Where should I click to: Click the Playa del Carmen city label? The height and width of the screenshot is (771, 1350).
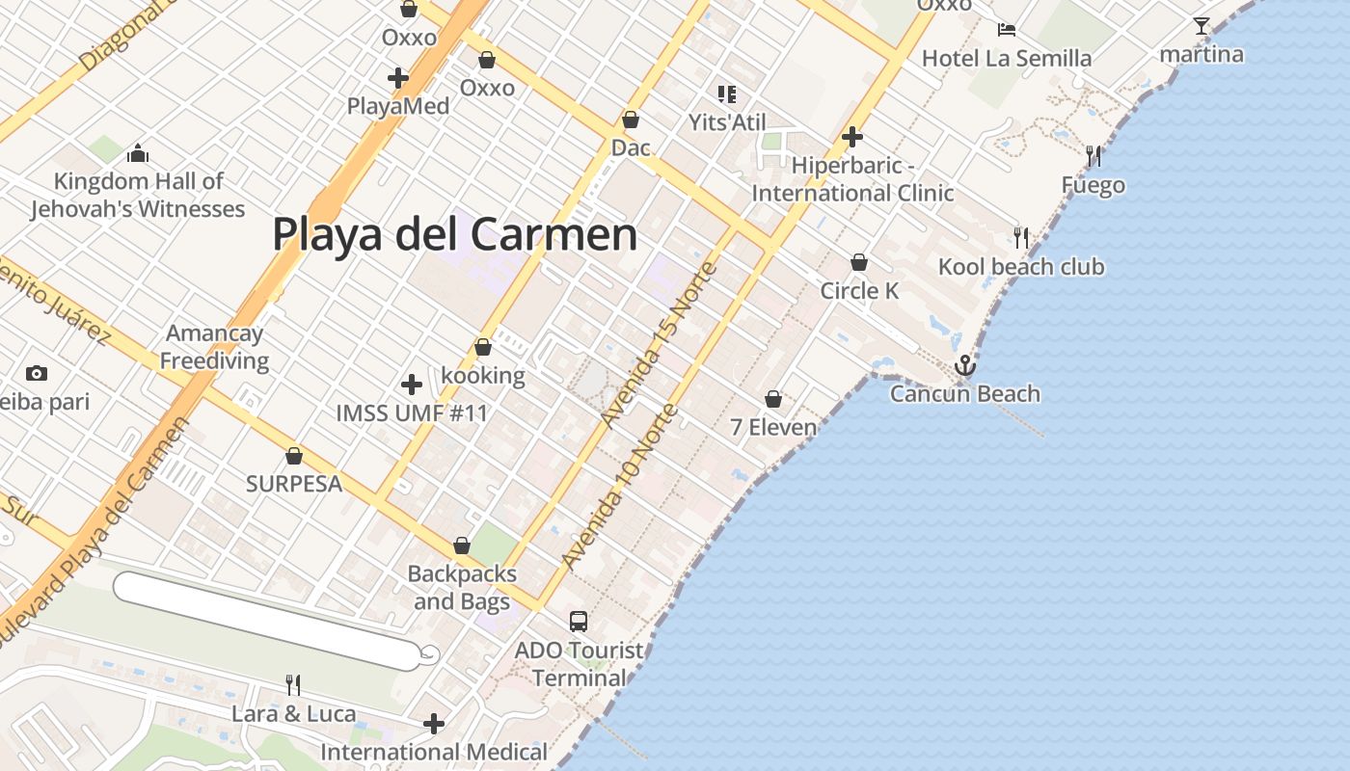pyautogui.click(x=454, y=234)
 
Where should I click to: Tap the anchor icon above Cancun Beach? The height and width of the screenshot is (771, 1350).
pyautogui.click(x=964, y=365)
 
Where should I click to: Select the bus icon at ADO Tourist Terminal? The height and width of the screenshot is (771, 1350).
pyautogui.click(x=579, y=622)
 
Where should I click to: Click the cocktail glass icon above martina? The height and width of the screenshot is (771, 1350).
pyautogui.click(x=1201, y=26)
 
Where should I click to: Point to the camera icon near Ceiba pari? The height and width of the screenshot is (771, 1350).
pyautogui.click(x=37, y=373)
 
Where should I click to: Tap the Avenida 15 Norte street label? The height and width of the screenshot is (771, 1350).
pyautogui.click(x=660, y=344)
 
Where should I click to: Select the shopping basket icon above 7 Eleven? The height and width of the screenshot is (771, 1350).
pyautogui.click(x=773, y=398)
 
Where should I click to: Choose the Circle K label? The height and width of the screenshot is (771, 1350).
pyautogui.click(x=859, y=290)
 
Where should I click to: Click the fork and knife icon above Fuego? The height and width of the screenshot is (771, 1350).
pyautogui.click(x=1093, y=155)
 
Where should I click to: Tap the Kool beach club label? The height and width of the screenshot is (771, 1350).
pyautogui.click(x=1021, y=266)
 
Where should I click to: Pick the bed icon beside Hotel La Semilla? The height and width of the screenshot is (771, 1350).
pyautogui.click(x=1007, y=29)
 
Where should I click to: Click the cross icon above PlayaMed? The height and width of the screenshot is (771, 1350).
pyautogui.click(x=398, y=78)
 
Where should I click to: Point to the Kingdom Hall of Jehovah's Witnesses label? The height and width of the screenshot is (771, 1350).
pyautogui.click(x=137, y=195)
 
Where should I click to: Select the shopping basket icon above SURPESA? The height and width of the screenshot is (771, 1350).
pyautogui.click(x=294, y=456)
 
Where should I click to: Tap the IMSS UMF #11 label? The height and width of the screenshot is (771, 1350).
pyautogui.click(x=412, y=413)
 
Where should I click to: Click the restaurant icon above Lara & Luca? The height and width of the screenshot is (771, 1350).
pyautogui.click(x=293, y=684)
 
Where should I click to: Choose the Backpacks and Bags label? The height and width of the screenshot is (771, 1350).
pyautogui.click(x=462, y=587)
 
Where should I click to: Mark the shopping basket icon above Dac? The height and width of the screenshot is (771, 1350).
pyautogui.click(x=631, y=120)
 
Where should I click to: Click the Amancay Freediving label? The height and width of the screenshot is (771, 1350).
pyautogui.click(x=214, y=347)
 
